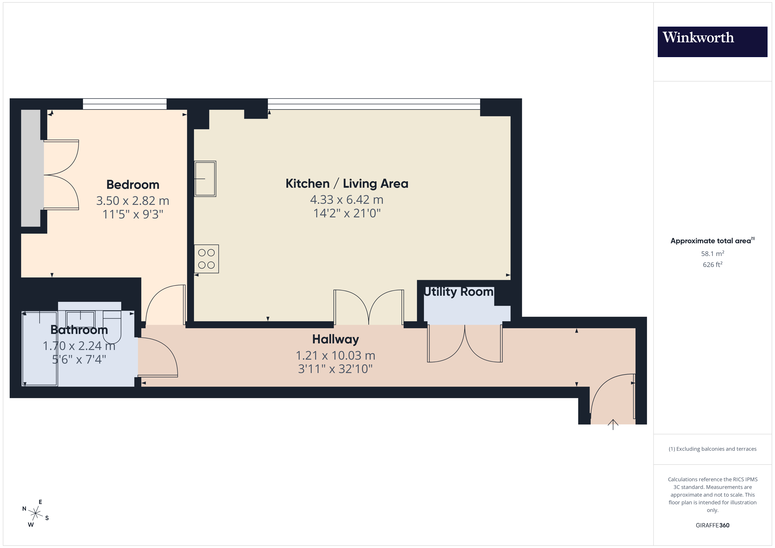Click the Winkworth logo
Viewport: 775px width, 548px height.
[712, 41]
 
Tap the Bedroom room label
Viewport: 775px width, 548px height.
[133, 185]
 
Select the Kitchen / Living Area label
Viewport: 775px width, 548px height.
[347, 184]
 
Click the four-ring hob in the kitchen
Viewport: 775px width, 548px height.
[206, 259]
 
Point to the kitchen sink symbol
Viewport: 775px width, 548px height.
[205, 179]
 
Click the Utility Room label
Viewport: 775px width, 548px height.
[458, 292]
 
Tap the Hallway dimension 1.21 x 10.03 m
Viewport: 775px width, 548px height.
[335, 355]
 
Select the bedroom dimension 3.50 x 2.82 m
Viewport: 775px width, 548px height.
[133, 201]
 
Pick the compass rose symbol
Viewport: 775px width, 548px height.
[35, 514]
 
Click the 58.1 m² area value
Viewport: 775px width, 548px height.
[712, 253]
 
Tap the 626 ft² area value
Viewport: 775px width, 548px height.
[712, 265]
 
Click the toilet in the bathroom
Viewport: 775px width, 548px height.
[112, 326]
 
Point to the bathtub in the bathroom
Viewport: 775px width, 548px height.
[40, 348]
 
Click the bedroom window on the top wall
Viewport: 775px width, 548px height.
[125, 104]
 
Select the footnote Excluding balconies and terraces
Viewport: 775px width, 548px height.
[712, 449]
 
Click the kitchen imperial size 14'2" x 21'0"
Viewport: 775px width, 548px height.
[347, 213]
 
